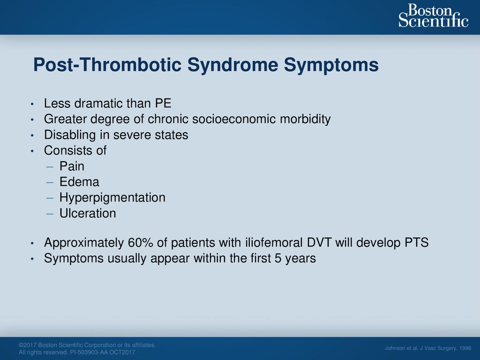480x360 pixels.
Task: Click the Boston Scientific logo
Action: [x=434, y=15]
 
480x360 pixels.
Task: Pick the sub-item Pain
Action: [x=72, y=166]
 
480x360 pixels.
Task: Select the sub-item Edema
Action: [x=79, y=182]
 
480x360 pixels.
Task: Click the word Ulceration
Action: [x=88, y=213]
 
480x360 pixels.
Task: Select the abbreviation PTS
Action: [x=417, y=243]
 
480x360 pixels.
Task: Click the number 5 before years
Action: [x=277, y=259]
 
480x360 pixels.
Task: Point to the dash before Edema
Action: [x=50, y=183]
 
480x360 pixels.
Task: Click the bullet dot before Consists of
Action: [x=32, y=151]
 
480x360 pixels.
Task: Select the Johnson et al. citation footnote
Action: [x=428, y=348]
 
